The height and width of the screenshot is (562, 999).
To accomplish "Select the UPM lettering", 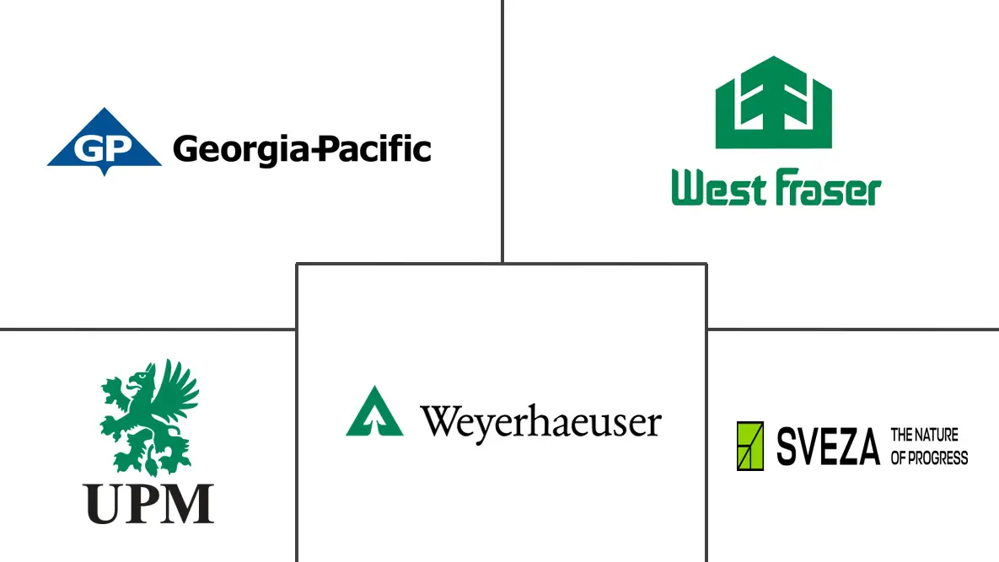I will tap(149, 503).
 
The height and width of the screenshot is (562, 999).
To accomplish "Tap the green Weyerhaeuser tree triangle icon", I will tap(369, 412).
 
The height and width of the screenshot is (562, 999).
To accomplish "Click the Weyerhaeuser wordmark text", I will tap(541, 422).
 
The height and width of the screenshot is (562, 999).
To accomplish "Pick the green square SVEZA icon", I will tap(750, 446).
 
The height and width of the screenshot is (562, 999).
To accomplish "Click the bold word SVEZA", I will tap(828, 447).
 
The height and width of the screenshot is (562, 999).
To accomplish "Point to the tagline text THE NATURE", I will tap(925, 436).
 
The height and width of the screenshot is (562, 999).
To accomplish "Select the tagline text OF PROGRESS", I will tap(929, 458).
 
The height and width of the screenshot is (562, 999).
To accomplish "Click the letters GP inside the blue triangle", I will tap(103, 149).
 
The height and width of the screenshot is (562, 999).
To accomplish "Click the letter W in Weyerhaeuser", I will tap(441, 421).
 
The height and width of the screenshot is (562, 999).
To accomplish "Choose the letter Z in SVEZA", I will tap(845, 447).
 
